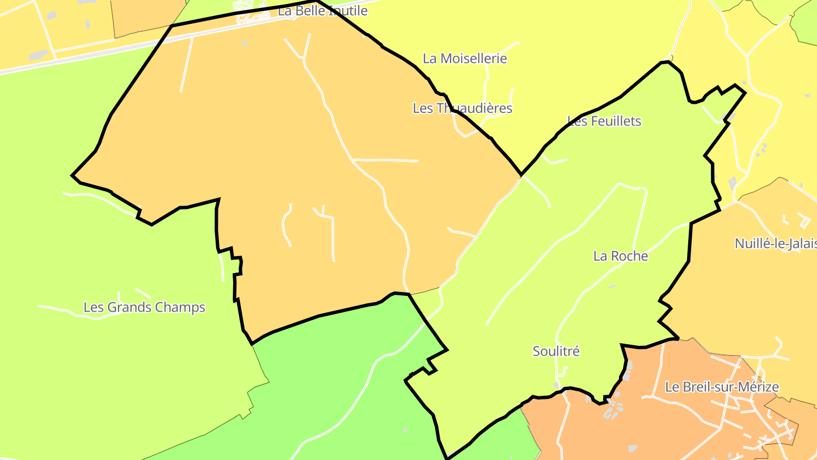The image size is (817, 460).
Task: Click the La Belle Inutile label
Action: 322,11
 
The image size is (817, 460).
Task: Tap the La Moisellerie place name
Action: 465,58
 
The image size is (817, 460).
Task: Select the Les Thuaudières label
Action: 462,108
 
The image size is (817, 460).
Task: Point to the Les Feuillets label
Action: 604,121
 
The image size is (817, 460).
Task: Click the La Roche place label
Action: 621,256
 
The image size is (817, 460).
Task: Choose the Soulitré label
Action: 556,352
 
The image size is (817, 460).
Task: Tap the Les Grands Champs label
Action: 144,308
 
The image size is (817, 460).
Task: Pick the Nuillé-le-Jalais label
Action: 775,244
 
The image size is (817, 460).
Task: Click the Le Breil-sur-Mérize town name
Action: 722,387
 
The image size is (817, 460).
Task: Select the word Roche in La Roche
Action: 629,256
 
